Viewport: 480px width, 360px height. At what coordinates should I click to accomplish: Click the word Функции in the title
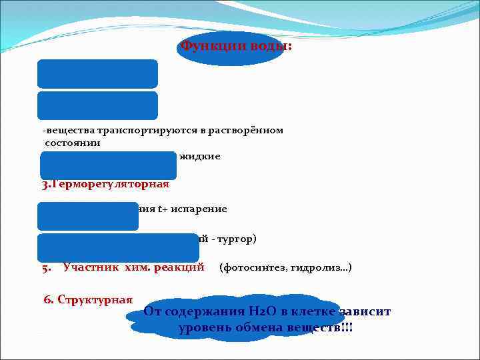tap(207, 47)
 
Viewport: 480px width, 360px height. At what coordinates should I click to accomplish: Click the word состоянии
tap(73, 142)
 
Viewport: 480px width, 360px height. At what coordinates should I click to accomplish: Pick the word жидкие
tap(199, 156)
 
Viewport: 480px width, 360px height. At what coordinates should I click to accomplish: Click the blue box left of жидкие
tap(108, 165)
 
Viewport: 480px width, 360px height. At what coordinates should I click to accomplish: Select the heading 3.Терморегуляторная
tap(105, 185)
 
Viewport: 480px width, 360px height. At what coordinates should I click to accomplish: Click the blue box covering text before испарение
tap(88, 215)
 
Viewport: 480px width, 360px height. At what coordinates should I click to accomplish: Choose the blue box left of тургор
tap(118, 247)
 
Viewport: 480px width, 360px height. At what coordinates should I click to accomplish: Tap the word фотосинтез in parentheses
tap(257, 268)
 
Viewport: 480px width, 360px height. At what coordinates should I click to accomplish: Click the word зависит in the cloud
tap(364, 312)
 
